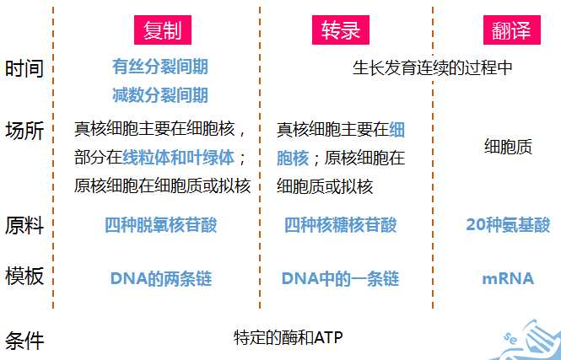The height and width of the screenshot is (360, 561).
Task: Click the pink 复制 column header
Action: pyautogui.click(x=163, y=30)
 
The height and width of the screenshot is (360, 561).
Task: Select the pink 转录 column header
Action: pyautogui.click(x=341, y=30)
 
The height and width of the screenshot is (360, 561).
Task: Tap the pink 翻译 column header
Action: pyautogui.click(x=511, y=30)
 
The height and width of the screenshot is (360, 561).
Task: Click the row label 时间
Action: pyautogui.click(x=24, y=68)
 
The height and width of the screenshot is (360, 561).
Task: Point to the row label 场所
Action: pyautogui.click(x=24, y=131)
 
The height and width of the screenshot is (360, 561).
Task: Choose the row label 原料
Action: pyautogui.click(x=24, y=226)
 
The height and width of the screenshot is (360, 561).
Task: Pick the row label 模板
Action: pyautogui.click(x=24, y=276)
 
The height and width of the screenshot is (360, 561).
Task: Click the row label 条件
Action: pyautogui.click(x=24, y=341)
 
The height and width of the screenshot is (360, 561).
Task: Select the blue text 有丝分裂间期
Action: pyautogui.click(x=160, y=67)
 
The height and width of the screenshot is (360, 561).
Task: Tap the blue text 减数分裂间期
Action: pyautogui.click(x=160, y=95)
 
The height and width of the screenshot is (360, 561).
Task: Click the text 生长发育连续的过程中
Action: pyautogui.click(x=432, y=68)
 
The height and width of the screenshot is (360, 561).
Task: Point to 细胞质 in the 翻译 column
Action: pyautogui.click(x=508, y=147)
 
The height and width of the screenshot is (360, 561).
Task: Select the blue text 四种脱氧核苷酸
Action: pyautogui.click(x=161, y=225)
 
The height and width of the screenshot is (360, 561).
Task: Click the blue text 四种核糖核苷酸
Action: pyautogui.click(x=341, y=225)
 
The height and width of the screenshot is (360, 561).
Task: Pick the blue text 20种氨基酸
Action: pyautogui.click(x=508, y=225)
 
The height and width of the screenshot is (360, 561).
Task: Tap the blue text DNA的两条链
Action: pyautogui.click(x=161, y=279)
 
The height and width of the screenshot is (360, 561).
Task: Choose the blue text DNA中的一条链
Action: pyautogui.click(x=340, y=279)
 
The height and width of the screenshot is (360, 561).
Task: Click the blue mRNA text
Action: pyautogui.click(x=508, y=279)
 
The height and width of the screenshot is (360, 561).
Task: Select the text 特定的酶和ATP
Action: pyautogui.click(x=288, y=337)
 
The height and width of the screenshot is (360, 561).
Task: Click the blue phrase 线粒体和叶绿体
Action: pyautogui.click(x=179, y=158)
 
